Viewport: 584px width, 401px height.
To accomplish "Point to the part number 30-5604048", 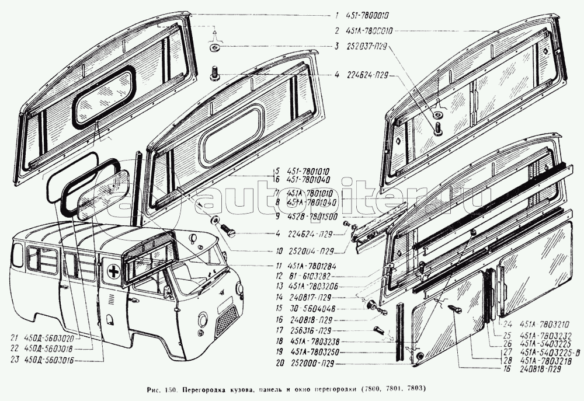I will [306, 309].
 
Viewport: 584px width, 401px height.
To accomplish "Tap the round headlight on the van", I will [202, 320].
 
